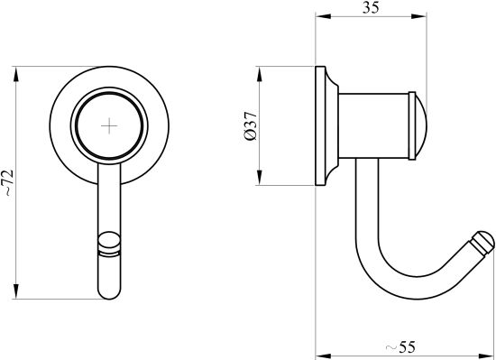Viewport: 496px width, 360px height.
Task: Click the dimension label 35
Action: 371,7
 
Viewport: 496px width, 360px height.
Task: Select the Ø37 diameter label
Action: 252,126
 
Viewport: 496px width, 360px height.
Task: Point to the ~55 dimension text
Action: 400,347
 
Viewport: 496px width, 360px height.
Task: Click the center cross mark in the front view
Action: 109,125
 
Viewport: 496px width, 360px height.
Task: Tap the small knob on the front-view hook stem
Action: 109,243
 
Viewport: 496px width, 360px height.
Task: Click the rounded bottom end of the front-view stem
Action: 109,292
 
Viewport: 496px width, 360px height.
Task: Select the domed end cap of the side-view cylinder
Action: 421,126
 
